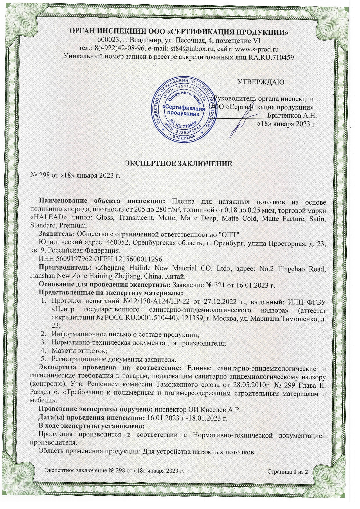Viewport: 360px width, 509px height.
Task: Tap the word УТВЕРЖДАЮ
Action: tap(261, 82)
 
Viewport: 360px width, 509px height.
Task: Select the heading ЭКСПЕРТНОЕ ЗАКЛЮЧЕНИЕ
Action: tap(178, 164)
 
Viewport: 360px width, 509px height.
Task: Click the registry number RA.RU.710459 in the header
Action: tap(271, 57)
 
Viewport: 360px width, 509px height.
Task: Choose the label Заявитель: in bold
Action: tap(57, 234)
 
